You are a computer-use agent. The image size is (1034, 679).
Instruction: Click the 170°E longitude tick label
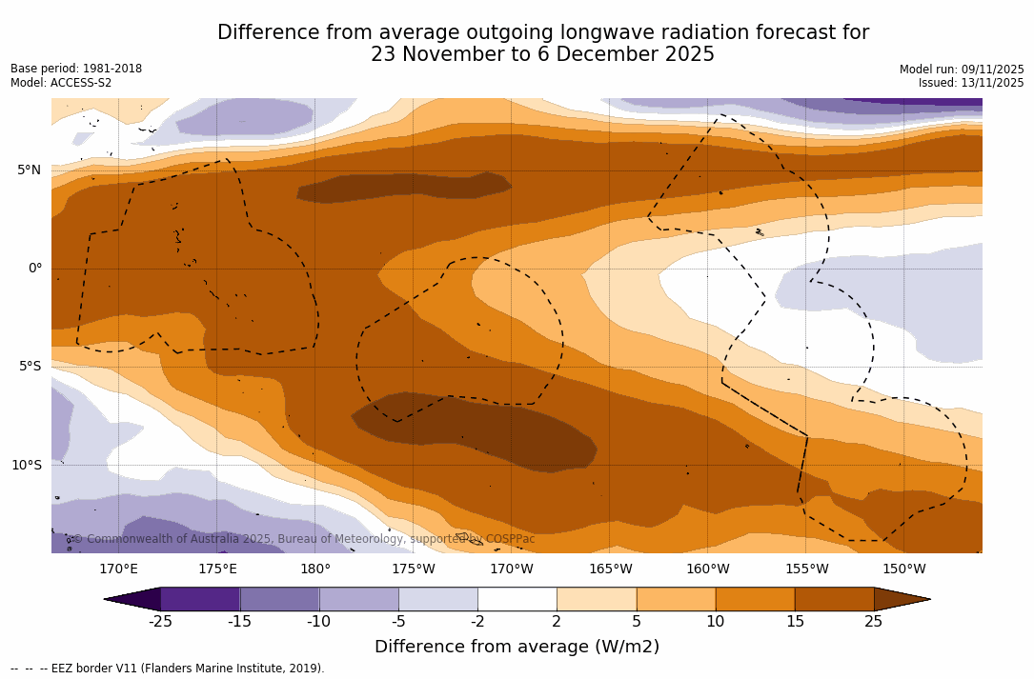point(118,569)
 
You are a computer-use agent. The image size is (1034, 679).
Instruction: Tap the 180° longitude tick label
point(314,569)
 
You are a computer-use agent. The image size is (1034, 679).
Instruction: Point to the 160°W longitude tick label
point(708,569)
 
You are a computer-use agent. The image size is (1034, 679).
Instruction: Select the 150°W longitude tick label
point(904,569)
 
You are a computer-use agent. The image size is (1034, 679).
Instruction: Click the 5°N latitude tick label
point(29,170)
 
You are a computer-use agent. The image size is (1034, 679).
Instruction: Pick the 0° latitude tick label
point(34,269)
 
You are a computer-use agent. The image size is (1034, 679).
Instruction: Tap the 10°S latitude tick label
point(26,466)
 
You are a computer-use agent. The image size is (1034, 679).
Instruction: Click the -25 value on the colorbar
point(160,622)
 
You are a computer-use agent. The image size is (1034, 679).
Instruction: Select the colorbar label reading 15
point(794,622)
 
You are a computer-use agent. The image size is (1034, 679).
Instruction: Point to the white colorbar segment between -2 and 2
point(517,599)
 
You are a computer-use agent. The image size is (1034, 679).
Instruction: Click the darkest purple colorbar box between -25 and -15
point(200,599)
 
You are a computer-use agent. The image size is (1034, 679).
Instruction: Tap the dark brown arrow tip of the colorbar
point(902,599)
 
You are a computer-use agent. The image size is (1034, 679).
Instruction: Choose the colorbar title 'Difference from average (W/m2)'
point(517,647)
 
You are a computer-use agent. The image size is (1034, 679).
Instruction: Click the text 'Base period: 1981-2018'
point(76,69)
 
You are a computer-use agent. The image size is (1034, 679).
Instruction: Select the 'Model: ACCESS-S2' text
point(61,83)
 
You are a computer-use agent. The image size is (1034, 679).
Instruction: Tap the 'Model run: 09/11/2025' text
point(962,70)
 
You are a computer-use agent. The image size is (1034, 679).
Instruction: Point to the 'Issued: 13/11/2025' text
point(971,83)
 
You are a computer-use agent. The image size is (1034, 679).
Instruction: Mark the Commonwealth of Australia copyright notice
point(304,539)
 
